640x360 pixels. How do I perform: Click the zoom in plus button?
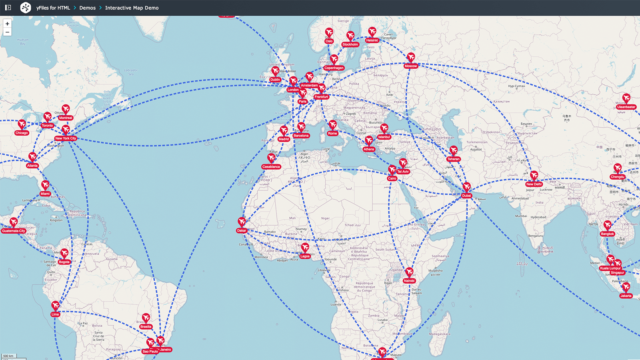(7, 24)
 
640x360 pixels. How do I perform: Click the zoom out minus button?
(7, 32)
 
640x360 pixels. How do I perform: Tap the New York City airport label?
(66, 138)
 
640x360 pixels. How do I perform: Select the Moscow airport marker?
(411, 57)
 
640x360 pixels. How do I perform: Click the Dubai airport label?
(466, 196)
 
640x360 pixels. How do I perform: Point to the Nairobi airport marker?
(409, 272)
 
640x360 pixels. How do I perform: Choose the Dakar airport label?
(242, 230)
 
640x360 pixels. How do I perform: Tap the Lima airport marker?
(56, 306)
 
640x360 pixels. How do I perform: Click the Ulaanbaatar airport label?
(626, 107)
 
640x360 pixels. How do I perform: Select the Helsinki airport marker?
(372, 32)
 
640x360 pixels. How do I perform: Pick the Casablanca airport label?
(271, 167)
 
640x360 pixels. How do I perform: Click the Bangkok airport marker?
(608, 225)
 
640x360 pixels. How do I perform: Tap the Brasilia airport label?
(146, 327)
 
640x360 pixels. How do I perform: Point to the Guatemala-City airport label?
(14, 231)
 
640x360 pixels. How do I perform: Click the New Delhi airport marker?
(534, 176)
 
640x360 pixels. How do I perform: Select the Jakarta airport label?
(626, 296)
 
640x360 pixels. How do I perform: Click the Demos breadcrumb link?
(87, 8)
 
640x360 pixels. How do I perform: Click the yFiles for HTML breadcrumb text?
(53, 8)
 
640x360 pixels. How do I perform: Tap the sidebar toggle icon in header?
(8, 8)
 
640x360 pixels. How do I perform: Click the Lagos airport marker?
(305, 248)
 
